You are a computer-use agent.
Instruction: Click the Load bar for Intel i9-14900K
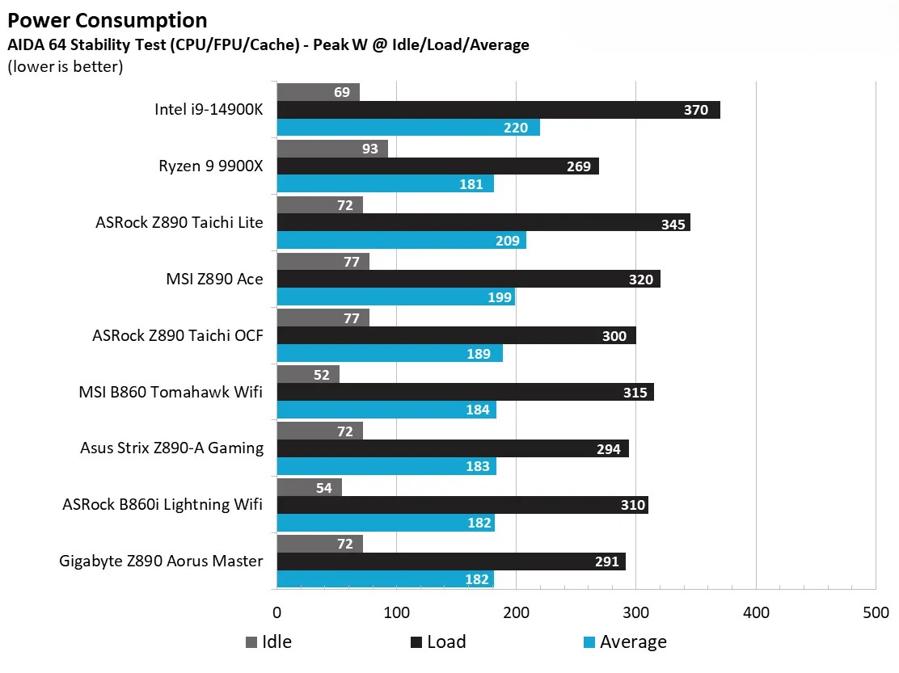[498, 110]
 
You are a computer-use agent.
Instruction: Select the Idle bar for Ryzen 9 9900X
[332, 149]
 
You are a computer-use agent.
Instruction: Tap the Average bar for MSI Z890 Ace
[396, 297]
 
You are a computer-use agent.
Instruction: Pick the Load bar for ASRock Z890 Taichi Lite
[483, 223]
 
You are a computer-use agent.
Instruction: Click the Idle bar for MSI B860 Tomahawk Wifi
[308, 374]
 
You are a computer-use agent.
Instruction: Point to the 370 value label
[695, 110]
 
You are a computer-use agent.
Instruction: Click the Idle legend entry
[268, 641]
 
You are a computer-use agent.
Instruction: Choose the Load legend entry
[437, 641]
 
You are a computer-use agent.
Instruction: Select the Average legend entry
[624, 641]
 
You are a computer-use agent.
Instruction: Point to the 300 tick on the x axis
[635, 612]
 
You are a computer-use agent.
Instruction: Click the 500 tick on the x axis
[876, 612]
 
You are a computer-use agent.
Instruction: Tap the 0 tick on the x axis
[276, 612]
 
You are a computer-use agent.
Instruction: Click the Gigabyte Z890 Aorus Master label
[161, 561]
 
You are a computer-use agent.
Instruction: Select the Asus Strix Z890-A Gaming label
[171, 448]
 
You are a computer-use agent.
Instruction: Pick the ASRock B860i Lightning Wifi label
[162, 504]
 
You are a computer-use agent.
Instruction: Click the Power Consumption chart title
[107, 20]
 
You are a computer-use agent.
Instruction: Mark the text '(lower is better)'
[65, 66]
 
